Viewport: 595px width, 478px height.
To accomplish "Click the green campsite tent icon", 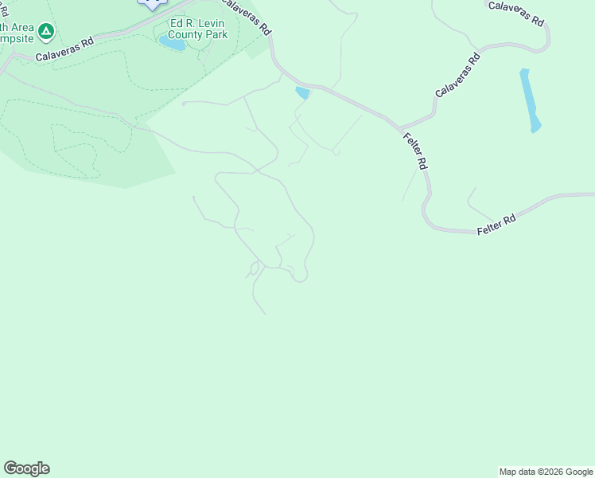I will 46,32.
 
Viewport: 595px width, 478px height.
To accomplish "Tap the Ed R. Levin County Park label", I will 198,29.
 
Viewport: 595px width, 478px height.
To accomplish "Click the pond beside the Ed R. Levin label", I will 172,42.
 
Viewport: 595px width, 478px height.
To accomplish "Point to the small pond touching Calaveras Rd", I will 302,93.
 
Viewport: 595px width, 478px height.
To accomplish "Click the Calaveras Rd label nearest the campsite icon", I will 64,50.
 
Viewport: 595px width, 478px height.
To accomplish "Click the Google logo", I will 26,468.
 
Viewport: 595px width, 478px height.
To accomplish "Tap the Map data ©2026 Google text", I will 546,472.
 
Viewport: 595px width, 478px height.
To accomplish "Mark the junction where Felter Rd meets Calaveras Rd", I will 400,127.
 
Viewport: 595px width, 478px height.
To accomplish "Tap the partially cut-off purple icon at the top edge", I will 152,4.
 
